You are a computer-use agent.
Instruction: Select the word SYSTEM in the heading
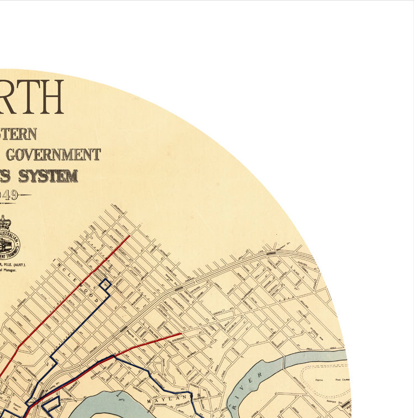pyautogui.click(x=48, y=176)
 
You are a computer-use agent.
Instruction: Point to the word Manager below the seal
pyautogui.click(x=15, y=272)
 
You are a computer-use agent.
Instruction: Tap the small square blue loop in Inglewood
pyautogui.click(x=105, y=284)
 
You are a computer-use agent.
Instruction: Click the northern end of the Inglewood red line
pyautogui.click(x=129, y=236)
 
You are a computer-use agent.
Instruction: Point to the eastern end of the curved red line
pyautogui.click(x=181, y=334)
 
